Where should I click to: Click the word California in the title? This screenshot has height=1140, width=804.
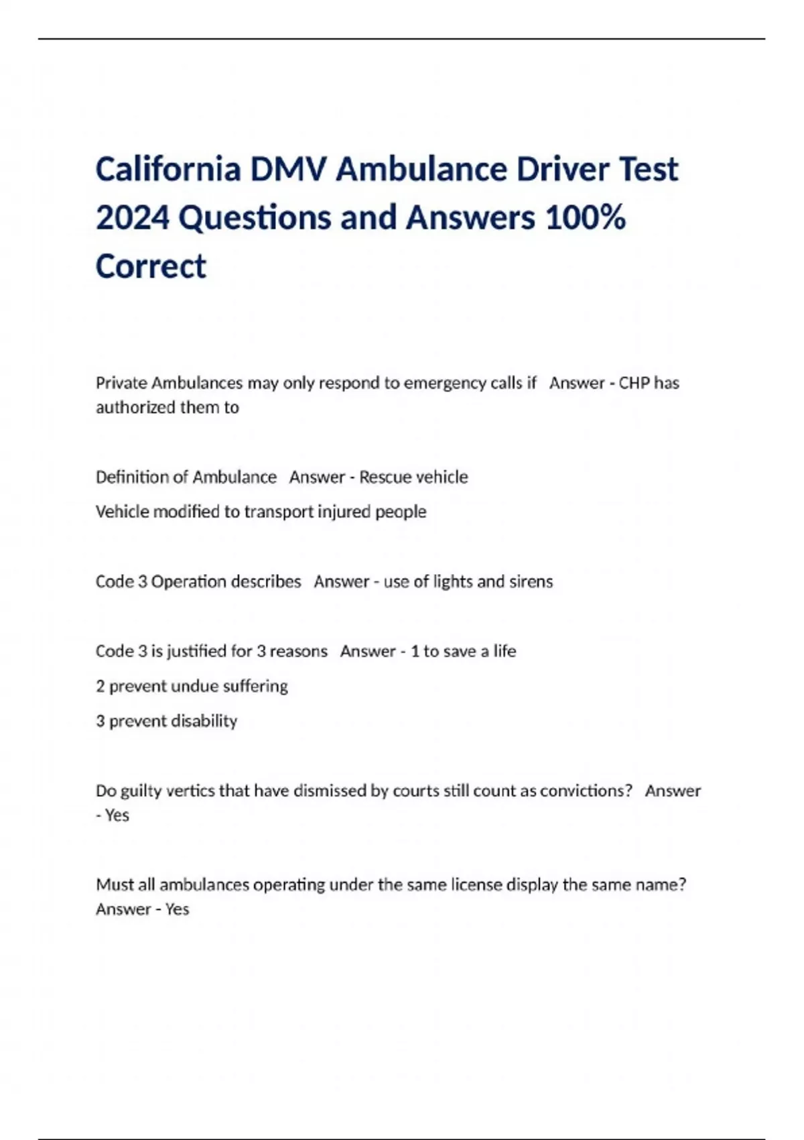pos(168,169)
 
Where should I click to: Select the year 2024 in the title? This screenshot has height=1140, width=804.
pos(133,218)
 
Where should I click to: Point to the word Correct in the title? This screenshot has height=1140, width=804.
pos(151,266)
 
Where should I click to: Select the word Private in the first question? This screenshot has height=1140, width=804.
pos(121,383)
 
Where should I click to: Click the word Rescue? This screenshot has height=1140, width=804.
pos(385,477)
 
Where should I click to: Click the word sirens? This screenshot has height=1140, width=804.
pos(531,581)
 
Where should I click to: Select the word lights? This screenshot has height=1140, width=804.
pos(453,581)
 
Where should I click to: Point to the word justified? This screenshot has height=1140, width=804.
pos(198,651)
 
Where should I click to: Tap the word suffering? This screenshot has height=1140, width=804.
pos(255,686)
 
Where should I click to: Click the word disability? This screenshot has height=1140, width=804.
pos(204,721)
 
